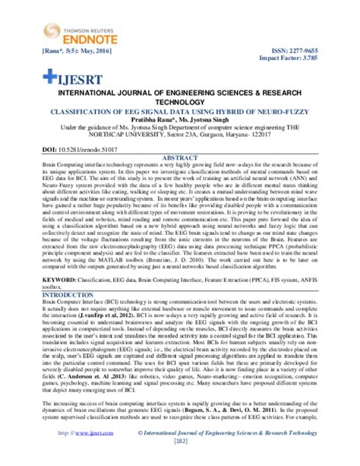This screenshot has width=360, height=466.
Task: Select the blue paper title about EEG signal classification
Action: [180, 111]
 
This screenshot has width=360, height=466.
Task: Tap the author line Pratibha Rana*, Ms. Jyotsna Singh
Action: [180, 119]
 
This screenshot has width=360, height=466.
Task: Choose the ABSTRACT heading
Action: [180, 157]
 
